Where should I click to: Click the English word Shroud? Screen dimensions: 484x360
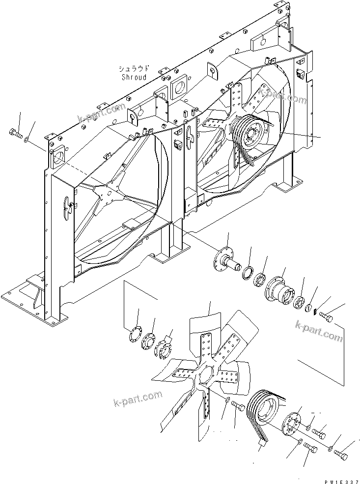coord(134,77)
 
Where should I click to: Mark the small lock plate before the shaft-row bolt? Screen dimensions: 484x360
coord(315,313)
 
